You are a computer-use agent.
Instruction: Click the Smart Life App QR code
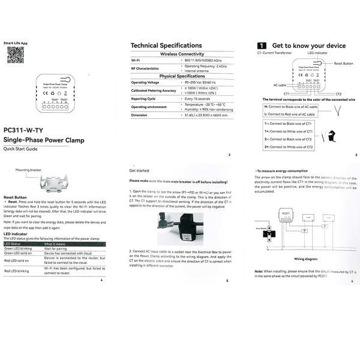click(15, 55)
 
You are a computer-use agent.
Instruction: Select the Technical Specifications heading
click(166, 46)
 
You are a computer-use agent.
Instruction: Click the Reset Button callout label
click(343, 63)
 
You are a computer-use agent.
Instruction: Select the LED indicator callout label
click(318, 54)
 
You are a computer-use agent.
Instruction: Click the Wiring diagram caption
click(306, 260)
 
